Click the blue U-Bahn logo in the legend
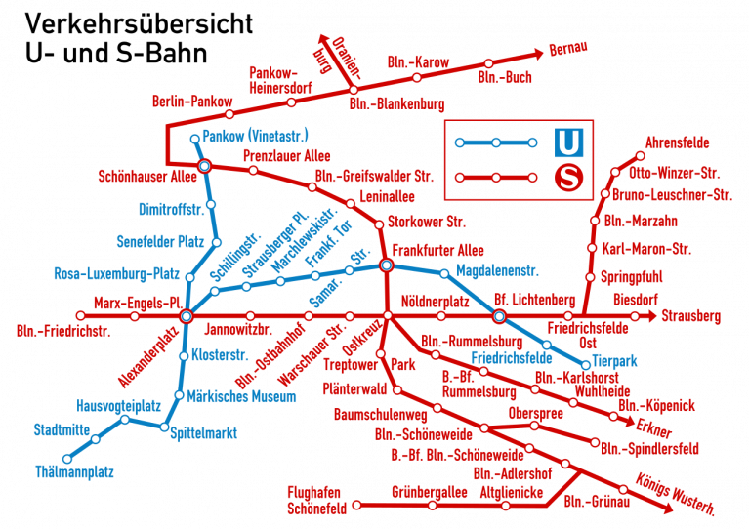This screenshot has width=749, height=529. click(567, 142)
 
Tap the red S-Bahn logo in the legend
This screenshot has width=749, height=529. click(567, 179)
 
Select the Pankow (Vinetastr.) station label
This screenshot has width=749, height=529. click(255, 135)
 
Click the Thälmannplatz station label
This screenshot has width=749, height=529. click(74, 473)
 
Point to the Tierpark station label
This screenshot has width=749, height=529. click(615, 361)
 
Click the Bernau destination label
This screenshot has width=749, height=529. click(569, 48)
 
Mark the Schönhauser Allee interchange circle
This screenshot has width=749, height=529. click(205, 167)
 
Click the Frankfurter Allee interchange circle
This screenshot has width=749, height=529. click(386, 265)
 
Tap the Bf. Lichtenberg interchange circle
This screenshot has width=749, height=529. click(499, 316)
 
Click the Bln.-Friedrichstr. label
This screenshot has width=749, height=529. click(63, 331)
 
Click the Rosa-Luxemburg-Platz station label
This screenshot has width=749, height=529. click(116, 273)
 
